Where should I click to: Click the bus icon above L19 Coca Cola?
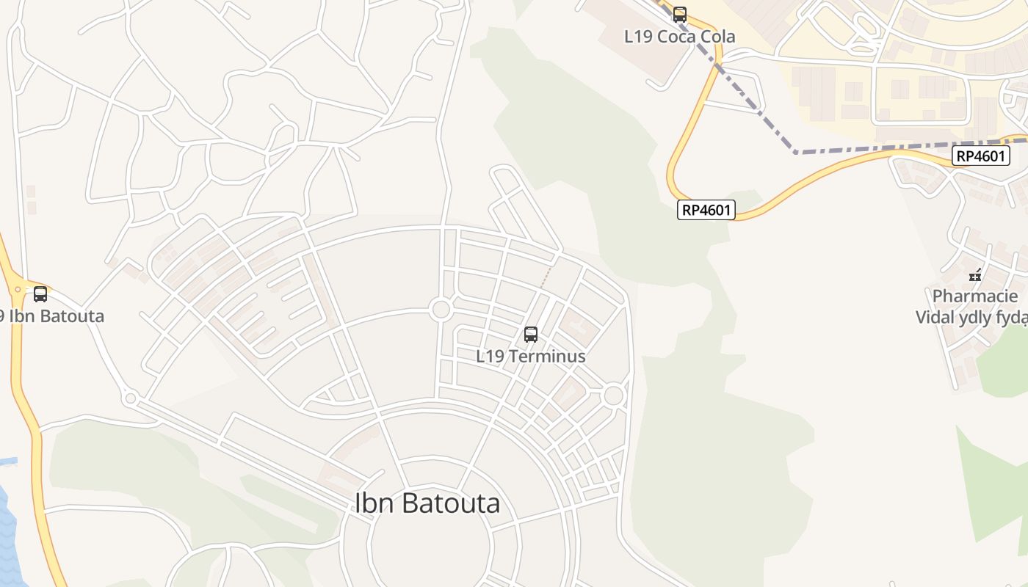(x=680, y=14)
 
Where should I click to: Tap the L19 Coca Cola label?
(x=680, y=36)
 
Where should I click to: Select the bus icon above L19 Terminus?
(x=531, y=335)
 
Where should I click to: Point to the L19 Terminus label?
(x=531, y=357)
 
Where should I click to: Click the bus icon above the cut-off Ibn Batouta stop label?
(x=40, y=294)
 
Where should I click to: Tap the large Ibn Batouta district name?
(x=427, y=503)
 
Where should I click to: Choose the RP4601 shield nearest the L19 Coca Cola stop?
(x=706, y=211)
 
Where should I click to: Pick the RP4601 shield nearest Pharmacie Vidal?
(x=982, y=156)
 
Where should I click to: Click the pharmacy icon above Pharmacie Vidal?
(x=975, y=276)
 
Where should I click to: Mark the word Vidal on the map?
(x=935, y=318)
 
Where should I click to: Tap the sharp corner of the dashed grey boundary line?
(x=796, y=153)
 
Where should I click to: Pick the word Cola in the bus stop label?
(x=717, y=36)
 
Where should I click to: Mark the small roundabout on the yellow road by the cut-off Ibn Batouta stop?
(x=18, y=290)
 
